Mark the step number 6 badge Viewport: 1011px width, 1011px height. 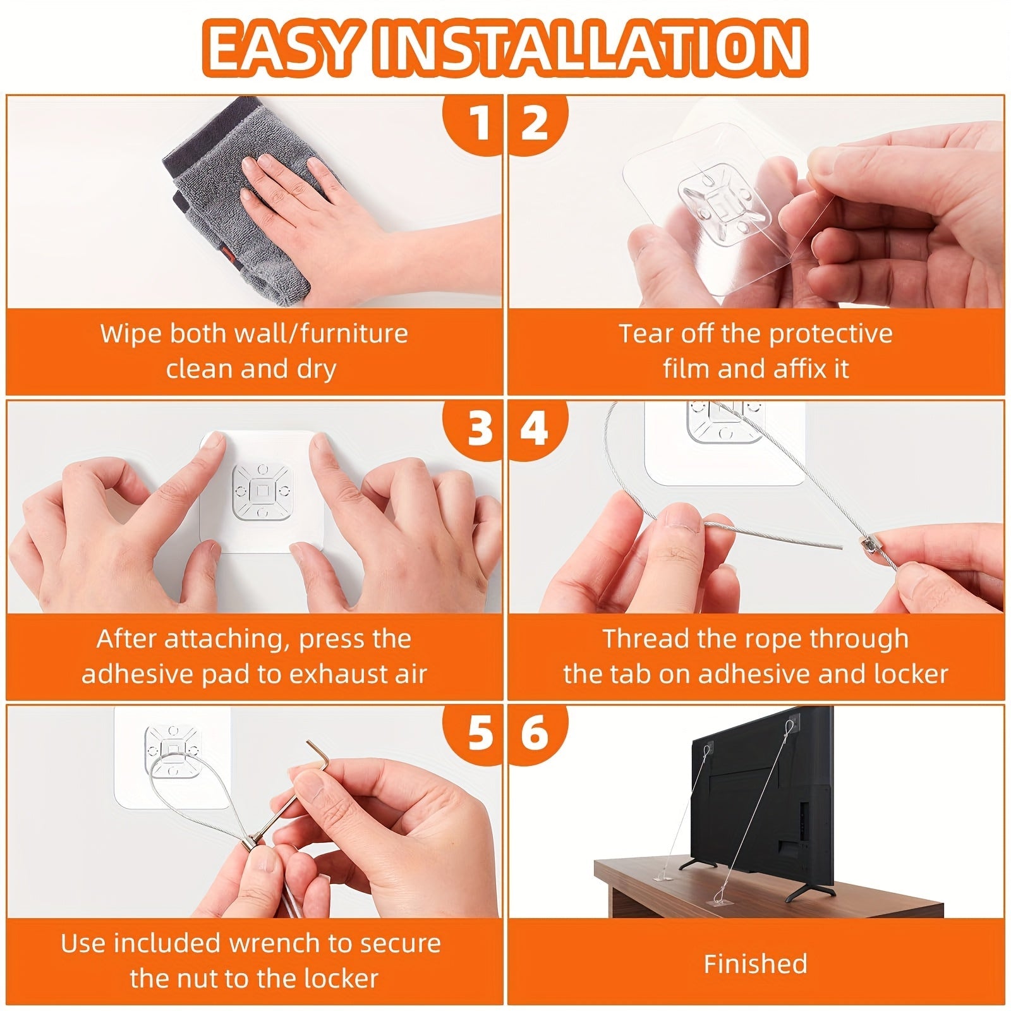point(535,733)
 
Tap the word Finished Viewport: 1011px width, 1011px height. point(756,964)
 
